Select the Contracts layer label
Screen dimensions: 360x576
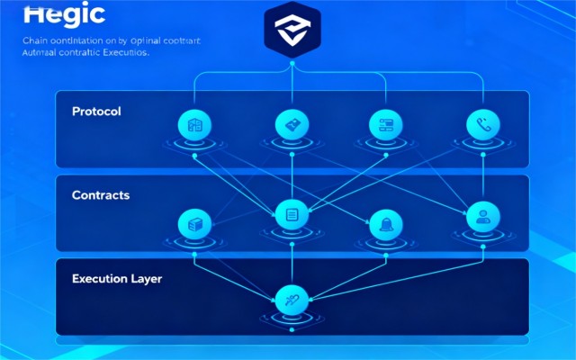pyautogui.click(x=101, y=194)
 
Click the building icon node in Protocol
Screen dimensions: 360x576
pyautogui.click(x=195, y=126)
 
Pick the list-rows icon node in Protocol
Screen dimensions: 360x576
pyautogui.click(x=385, y=125)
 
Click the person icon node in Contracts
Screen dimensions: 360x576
pyautogui.click(x=481, y=215)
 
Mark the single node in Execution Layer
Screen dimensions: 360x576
pyautogui.click(x=291, y=300)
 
